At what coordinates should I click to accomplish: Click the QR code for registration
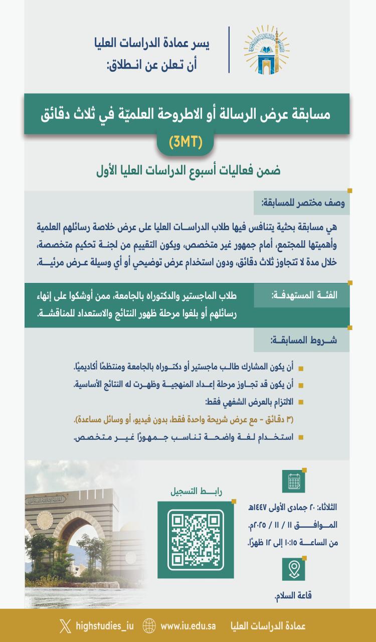tap(196, 533)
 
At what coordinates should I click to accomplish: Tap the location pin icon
tap(294, 569)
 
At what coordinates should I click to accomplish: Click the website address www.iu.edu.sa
tap(188, 626)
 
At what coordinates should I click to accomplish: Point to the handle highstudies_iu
tap(104, 626)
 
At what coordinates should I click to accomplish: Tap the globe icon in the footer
tap(149, 626)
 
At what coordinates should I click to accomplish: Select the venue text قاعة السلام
tap(293, 595)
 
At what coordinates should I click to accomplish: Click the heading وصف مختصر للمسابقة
tap(302, 204)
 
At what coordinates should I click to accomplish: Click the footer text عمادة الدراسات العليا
tap(268, 626)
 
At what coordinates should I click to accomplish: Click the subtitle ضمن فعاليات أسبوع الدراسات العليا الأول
tap(188, 171)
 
